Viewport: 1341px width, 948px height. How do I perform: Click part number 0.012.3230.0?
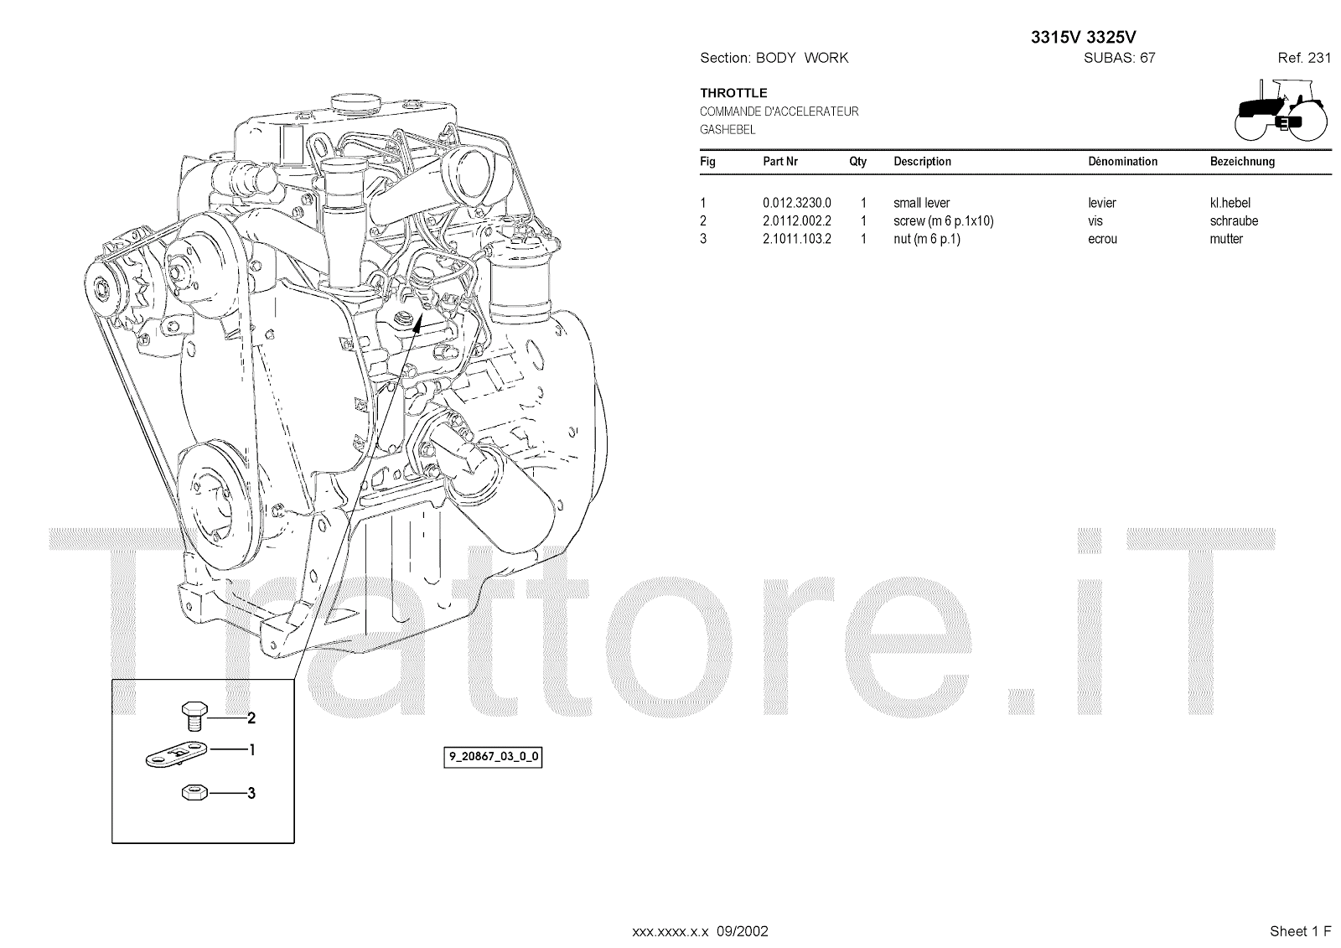(796, 203)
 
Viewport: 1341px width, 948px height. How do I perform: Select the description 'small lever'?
(921, 203)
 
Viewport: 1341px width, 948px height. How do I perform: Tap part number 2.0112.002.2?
(796, 221)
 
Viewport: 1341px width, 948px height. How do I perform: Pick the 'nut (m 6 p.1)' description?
(926, 239)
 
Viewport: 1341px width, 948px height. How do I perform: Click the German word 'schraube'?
(1234, 221)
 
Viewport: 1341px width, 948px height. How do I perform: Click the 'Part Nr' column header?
(779, 161)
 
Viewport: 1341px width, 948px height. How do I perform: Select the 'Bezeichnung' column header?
(1242, 161)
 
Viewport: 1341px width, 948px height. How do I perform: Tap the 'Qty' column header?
(857, 161)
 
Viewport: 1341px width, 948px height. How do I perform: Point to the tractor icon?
(1281, 109)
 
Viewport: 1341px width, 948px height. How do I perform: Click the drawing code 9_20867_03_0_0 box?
(493, 757)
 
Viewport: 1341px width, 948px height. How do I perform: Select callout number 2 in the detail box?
(251, 717)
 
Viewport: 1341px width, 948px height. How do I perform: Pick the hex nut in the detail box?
(194, 792)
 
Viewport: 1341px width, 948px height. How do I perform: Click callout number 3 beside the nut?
(251, 792)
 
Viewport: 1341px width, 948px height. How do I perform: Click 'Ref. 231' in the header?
(1304, 58)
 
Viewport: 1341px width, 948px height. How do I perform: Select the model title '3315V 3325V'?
(1083, 37)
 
